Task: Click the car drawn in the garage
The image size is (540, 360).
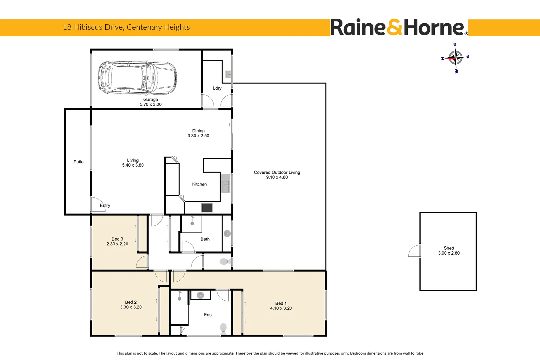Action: click(x=137, y=78)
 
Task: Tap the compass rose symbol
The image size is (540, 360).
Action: click(x=455, y=58)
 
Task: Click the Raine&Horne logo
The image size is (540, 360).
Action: click(x=399, y=27)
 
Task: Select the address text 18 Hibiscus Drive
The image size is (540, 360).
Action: click(x=93, y=27)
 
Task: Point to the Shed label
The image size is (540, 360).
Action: click(x=449, y=248)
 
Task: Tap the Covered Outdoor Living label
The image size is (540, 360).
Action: click(x=277, y=172)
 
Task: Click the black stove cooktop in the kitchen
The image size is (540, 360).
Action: click(x=207, y=208)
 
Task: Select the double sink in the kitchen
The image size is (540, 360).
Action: click(x=226, y=184)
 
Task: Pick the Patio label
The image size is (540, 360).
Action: click(x=79, y=162)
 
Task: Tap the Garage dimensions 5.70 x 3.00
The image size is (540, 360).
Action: click(x=151, y=104)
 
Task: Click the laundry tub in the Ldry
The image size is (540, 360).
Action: click(x=228, y=74)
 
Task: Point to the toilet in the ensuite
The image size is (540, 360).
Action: click(x=224, y=328)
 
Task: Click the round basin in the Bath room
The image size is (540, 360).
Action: click(x=227, y=233)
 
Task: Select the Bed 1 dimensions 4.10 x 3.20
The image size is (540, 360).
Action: click(x=281, y=308)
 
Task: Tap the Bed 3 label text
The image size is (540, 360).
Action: click(x=117, y=239)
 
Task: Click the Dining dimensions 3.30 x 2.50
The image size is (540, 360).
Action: click(x=199, y=136)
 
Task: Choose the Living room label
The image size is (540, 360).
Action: click(x=133, y=160)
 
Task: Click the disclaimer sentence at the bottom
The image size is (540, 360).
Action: click(x=270, y=353)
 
